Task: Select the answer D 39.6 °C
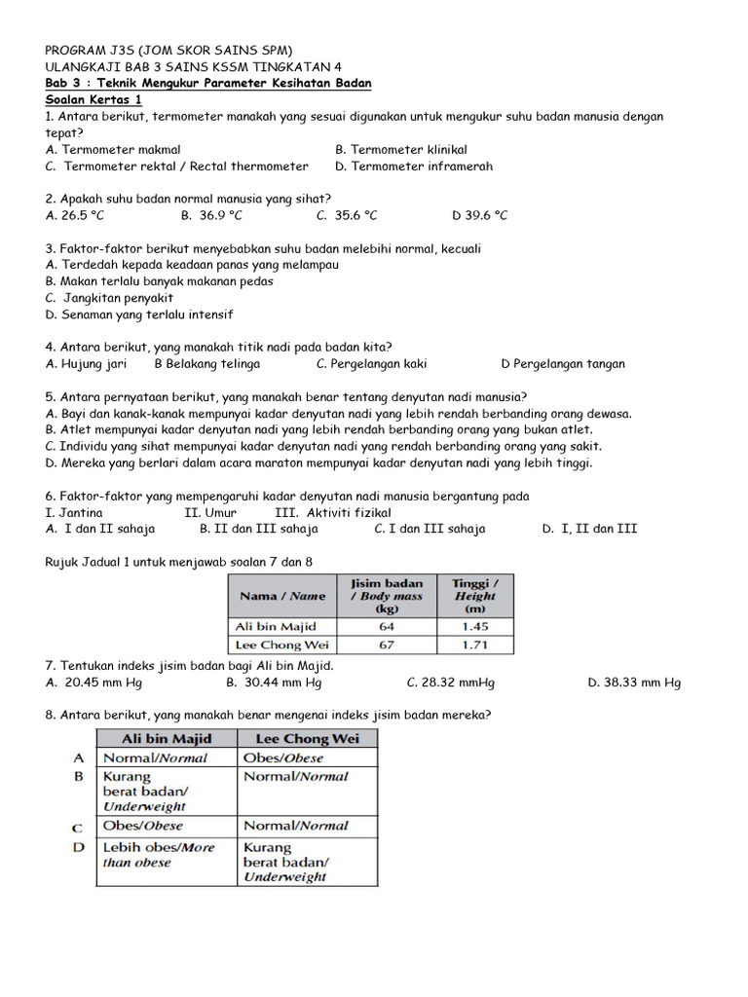point(479,215)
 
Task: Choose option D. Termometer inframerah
point(413,166)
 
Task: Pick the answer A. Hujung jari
point(86,364)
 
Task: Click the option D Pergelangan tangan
point(562,364)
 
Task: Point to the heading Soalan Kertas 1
point(93,99)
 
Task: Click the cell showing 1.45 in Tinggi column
point(474,626)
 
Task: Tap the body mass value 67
point(387,645)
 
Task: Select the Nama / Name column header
point(281,595)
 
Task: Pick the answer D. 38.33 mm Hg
point(634,683)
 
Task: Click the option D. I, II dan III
point(590,529)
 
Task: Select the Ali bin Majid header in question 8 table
point(166,738)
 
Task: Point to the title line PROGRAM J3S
point(168,50)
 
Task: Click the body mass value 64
point(387,626)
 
